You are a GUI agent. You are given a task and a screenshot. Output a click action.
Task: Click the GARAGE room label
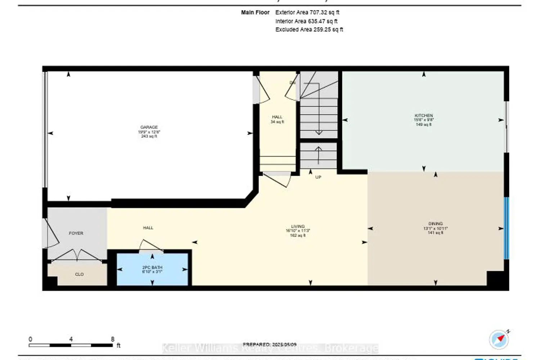click(149, 127)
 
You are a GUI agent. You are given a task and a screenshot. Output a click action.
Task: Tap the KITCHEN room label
click(424, 116)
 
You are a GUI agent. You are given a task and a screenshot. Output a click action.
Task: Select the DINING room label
click(436, 224)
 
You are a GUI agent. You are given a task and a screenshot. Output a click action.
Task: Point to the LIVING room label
click(298, 227)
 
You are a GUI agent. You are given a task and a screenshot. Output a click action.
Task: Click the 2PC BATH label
click(152, 268)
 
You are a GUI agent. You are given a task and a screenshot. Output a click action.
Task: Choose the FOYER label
click(76, 233)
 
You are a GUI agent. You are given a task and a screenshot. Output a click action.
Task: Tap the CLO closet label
click(79, 274)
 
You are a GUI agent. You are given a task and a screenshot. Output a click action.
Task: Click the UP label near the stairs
click(318, 177)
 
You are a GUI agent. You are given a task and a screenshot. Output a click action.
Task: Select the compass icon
click(499, 339)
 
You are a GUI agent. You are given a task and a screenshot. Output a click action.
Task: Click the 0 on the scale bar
click(30, 339)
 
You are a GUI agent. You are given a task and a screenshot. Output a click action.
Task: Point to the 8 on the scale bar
click(113, 339)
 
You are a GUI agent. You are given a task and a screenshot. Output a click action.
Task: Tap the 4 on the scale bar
click(71, 339)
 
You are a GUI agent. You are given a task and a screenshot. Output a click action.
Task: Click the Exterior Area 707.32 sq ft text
click(307, 12)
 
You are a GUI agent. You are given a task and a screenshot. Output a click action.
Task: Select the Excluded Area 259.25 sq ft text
click(309, 30)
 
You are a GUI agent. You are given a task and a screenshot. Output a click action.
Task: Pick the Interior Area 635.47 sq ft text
click(306, 21)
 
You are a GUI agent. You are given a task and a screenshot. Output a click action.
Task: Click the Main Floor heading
click(255, 12)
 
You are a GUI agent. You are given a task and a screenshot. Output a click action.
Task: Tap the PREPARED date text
click(270, 345)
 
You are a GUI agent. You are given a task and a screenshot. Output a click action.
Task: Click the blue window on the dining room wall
click(506, 228)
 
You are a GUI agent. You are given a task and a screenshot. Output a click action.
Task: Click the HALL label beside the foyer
click(148, 228)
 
